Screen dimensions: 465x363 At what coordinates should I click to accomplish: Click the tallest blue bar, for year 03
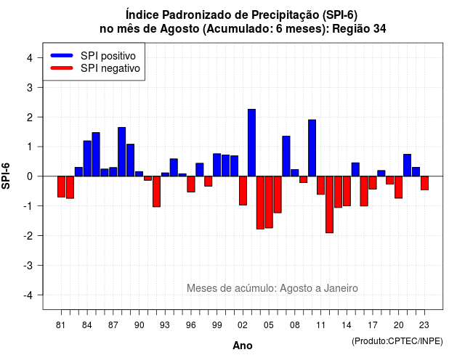[x=251, y=143]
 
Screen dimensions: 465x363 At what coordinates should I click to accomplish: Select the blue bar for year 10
[x=312, y=148]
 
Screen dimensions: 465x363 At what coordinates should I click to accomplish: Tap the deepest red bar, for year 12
[x=329, y=205]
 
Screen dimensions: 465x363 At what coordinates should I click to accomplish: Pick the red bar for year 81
[x=61, y=187]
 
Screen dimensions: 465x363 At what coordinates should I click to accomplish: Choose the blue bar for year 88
[x=121, y=152]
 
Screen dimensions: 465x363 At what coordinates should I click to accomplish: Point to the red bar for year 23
[x=424, y=183]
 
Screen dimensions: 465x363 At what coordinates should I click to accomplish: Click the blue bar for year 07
[x=286, y=156]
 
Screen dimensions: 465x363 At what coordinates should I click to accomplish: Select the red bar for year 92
[x=156, y=192]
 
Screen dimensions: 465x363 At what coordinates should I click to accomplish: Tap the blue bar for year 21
[x=407, y=166]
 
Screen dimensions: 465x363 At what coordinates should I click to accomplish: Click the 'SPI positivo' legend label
[x=108, y=56]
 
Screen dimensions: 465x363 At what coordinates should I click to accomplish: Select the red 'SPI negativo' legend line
[x=62, y=68]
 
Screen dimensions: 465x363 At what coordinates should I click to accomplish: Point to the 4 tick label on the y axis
[x=30, y=57]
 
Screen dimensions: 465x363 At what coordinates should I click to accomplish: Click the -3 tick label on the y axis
[x=28, y=265]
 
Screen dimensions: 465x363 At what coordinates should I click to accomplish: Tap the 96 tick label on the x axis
[x=191, y=325]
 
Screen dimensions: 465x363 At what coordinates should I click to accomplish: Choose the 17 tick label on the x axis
[x=373, y=325]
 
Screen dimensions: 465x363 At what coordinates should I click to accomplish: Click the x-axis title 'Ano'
[x=243, y=346]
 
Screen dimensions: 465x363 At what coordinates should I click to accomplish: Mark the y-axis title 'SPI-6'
[x=6, y=176]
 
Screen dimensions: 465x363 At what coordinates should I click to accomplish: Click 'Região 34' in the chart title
[x=359, y=29]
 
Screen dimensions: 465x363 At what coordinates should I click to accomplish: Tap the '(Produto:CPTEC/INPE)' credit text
[x=397, y=341]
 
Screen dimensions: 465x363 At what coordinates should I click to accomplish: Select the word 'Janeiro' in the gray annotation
[x=341, y=288]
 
